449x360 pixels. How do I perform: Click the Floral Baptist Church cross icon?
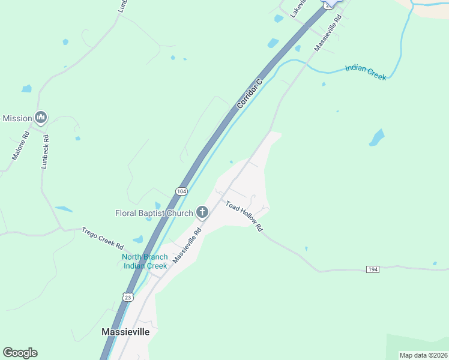tap(202, 212)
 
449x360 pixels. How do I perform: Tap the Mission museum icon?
tap(41, 118)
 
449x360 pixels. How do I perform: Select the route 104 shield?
tap(181, 191)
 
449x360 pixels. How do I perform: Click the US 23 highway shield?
tap(128, 297)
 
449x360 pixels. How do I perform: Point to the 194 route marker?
tap(373, 269)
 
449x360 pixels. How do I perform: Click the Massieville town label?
tap(130, 332)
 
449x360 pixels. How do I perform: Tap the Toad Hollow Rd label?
tap(244, 216)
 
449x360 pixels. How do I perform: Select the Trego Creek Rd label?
tap(103, 238)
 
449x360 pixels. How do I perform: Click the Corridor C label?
tap(250, 94)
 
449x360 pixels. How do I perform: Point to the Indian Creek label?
tap(366, 73)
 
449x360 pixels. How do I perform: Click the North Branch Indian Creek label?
tap(145, 261)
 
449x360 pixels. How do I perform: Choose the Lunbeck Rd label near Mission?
tap(46, 151)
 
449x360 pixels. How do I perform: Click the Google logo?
tap(20, 353)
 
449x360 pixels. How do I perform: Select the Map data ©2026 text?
tap(423, 355)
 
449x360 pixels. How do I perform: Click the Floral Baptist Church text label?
tap(154, 213)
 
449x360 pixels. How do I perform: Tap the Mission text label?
tap(17, 118)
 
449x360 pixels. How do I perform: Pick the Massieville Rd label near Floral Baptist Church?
tap(187, 245)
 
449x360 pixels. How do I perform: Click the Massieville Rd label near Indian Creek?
tap(328, 32)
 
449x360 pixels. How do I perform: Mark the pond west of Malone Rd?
tap(26, 89)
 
